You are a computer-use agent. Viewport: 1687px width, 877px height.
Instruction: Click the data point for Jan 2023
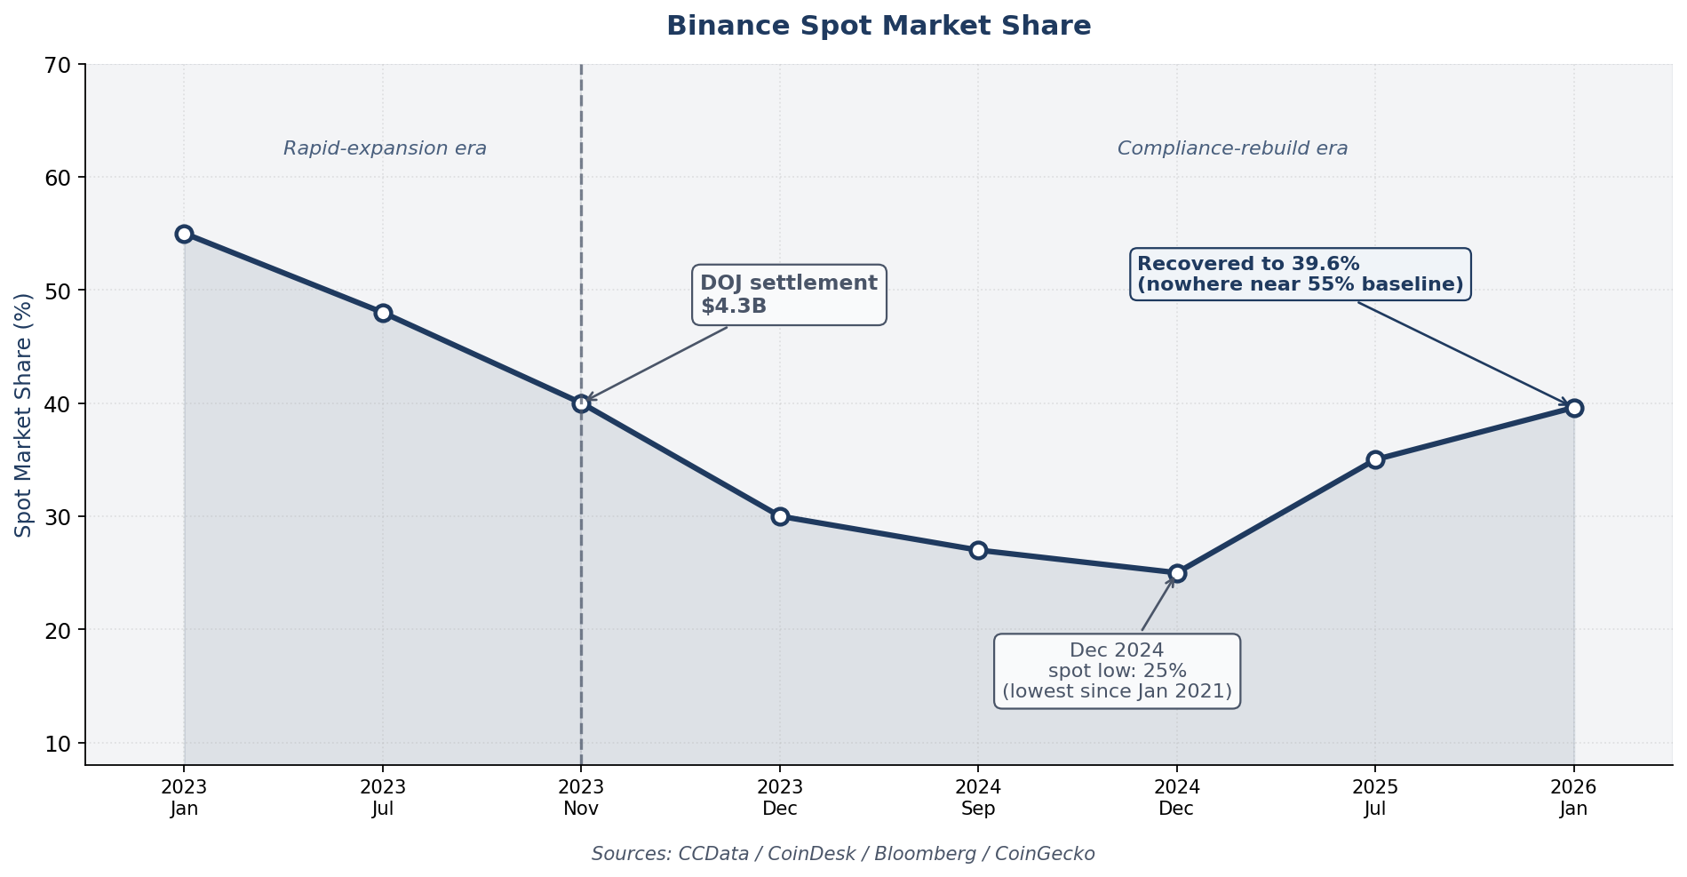[x=184, y=234]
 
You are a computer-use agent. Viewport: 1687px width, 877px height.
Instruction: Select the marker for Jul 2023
[x=383, y=313]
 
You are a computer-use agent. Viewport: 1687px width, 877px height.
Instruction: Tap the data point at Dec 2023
[x=780, y=516]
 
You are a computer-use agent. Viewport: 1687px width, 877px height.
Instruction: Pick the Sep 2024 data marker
[x=978, y=550]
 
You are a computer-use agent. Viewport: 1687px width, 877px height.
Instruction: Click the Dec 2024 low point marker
[x=1177, y=573]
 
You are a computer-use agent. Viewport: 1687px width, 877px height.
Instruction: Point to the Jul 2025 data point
[x=1375, y=459]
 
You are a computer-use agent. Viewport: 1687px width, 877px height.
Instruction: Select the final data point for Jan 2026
[x=1574, y=408]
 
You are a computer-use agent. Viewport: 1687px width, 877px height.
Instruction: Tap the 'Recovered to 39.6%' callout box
[x=1300, y=274]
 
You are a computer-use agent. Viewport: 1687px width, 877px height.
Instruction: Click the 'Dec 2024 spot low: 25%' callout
[x=1117, y=671]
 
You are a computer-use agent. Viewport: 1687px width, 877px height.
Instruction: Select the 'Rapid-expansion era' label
[x=385, y=148]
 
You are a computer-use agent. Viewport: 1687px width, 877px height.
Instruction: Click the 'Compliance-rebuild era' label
[x=1232, y=148]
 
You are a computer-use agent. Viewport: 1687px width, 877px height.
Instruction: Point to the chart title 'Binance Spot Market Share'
[x=878, y=26]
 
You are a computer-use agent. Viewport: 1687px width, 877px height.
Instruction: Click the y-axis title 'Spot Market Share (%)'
[x=24, y=415]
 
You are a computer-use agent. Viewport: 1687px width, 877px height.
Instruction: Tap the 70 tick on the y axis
[x=58, y=65]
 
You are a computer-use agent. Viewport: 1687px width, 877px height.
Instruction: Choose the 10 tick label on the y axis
[x=58, y=743]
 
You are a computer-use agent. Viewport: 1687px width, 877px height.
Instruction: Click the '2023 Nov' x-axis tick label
[x=581, y=797]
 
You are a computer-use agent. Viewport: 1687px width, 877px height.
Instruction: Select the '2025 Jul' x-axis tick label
[x=1375, y=797]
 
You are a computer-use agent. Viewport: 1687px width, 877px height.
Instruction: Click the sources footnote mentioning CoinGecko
[x=842, y=854]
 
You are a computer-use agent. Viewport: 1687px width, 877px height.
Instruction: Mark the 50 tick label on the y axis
[x=58, y=291]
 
